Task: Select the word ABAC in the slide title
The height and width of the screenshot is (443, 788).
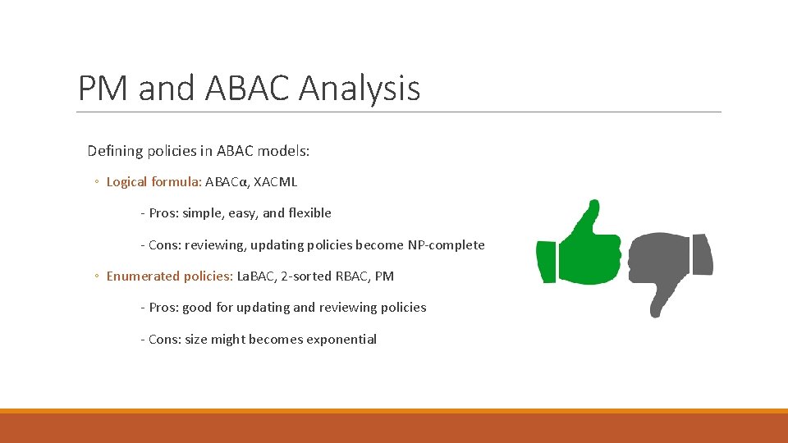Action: pyautogui.click(x=243, y=88)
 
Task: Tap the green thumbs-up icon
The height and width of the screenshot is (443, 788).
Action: pyautogui.click(x=579, y=244)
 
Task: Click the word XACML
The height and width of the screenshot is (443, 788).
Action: pyautogui.click(x=276, y=182)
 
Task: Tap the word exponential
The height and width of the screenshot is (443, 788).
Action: pyautogui.click(x=341, y=340)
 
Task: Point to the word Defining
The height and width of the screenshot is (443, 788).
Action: pyautogui.click(x=115, y=151)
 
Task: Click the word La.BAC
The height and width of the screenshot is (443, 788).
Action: pyautogui.click(x=256, y=276)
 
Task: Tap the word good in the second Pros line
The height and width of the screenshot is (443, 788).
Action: pyautogui.click(x=197, y=308)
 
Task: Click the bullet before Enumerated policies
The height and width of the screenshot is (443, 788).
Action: pyautogui.click(x=97, y=277)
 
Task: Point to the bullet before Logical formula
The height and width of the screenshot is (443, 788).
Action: pyautogui.click(x=97, y=183)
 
